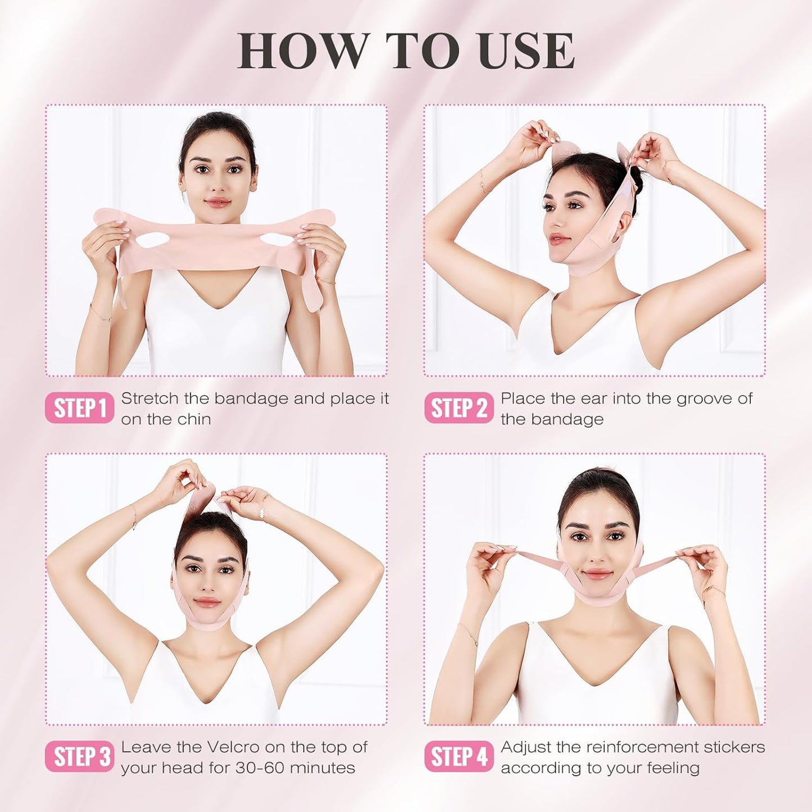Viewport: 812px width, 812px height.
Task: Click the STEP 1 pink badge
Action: pyautogui.click(x=79, y=408)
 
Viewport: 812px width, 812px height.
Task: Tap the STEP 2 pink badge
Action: pyautogui.click(x=459, y=408)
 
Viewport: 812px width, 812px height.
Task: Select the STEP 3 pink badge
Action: pyautogui.click(x=79, y=757)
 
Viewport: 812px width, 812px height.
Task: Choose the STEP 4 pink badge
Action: pyautogui.click(x=459, y=757)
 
